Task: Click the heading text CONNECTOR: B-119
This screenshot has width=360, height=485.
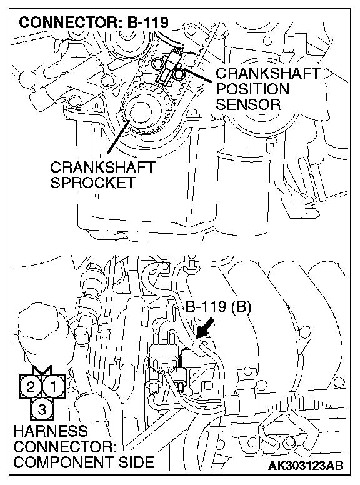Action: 94,22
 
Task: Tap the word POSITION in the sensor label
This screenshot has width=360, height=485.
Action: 252,89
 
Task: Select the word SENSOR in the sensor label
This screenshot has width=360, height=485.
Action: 248,104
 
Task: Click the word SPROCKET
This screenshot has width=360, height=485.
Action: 93,182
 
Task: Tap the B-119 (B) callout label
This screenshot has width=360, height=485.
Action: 218,306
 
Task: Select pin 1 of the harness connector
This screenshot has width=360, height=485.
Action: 54,386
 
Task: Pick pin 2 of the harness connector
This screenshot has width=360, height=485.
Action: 31,387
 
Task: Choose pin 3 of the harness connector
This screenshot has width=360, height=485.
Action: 42,409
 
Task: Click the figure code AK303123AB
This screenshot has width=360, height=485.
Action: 305,465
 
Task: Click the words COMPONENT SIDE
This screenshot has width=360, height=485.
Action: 84,462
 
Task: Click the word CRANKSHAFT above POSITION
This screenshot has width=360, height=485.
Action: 268,73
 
